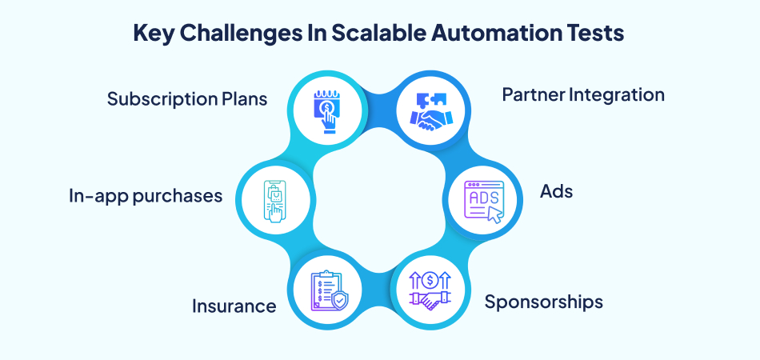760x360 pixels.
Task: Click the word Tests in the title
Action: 595,34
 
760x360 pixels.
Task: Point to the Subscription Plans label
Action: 186,99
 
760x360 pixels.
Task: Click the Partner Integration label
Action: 583,94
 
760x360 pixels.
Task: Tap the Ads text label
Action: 556,192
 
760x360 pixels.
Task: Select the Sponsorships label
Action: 543,302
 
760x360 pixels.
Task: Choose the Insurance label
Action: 234,306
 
